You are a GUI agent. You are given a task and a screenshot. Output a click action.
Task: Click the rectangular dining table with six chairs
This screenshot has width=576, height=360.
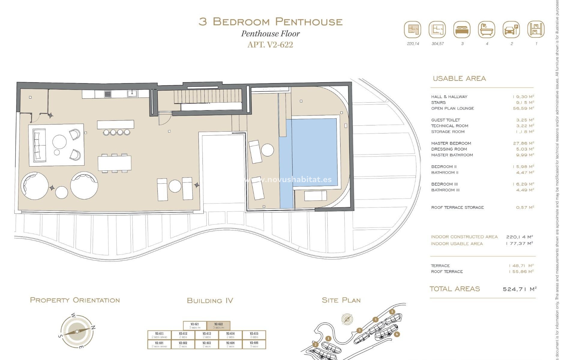point(114,163)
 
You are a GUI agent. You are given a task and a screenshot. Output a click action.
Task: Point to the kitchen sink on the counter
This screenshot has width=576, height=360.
point(132,94)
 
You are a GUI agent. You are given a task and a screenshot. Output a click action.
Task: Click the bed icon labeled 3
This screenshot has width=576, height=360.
point(462,30)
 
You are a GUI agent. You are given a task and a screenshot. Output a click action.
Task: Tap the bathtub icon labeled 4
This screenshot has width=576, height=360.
point(486,30)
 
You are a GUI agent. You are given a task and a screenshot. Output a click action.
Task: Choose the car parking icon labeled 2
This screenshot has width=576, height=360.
point(511,30)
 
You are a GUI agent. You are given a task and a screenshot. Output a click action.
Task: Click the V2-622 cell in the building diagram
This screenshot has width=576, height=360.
point(218,325)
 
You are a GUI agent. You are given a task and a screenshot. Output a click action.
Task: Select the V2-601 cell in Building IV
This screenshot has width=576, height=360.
point(159,344)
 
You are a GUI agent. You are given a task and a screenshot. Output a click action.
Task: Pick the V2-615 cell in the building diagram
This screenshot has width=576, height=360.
point(254,335)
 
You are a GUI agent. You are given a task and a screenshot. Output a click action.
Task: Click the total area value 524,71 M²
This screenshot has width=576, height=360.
point(519,289)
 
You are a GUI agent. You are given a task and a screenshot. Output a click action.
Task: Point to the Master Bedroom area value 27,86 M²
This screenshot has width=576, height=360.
point(523,143)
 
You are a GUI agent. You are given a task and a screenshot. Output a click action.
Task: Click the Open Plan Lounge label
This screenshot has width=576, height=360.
point(452,108)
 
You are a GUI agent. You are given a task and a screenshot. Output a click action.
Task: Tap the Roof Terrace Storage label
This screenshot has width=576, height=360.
point(457,207)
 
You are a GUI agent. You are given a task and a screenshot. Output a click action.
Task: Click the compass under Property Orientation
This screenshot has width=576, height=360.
point(77,331)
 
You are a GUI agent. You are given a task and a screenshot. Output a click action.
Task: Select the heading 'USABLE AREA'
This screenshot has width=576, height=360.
point(459,79)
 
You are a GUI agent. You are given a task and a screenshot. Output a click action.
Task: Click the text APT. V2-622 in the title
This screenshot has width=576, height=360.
point(270,45)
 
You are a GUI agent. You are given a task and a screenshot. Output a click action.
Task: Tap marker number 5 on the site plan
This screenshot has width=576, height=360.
point(392,312)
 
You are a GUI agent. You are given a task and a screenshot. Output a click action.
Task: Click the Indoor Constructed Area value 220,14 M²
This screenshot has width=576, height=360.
point(519,237)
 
